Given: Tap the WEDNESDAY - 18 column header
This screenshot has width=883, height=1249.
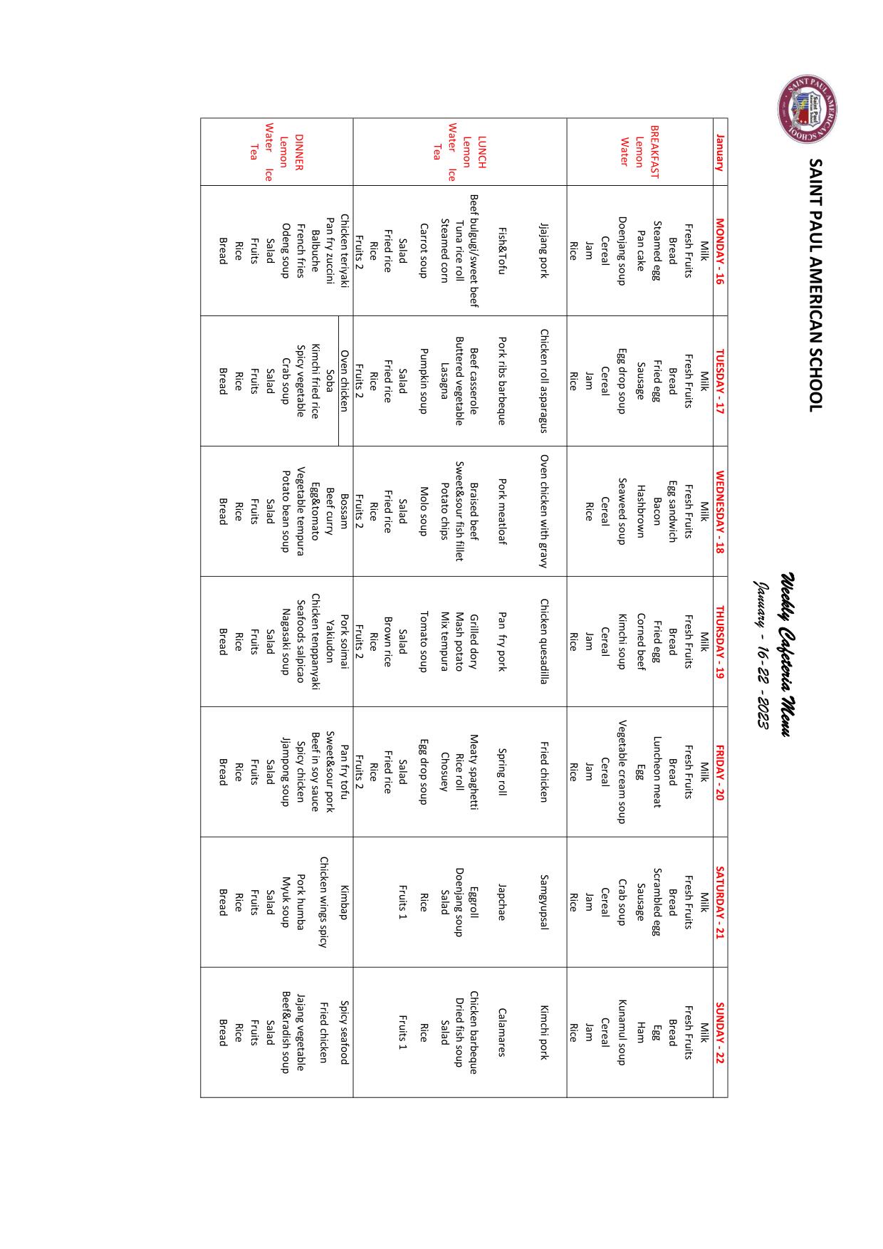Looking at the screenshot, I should tap(720, 511).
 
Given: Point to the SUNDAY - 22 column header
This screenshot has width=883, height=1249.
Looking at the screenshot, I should tap(720, 1033).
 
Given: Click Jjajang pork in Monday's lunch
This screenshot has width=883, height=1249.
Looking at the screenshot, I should tap(544, 251).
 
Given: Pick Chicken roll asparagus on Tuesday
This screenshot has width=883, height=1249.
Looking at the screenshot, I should tap(544, 380).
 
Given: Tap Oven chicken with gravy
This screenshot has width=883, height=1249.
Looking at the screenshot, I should tap(544, 511).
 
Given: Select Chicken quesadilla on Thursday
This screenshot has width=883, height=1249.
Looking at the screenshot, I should tap(544, 641).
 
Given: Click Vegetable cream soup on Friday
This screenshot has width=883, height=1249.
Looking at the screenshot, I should tap(622, 771).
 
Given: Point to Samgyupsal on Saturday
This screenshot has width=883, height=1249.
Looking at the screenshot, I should tap(544, 902).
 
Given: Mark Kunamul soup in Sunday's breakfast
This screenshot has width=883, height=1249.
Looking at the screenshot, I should tap(622, 1033).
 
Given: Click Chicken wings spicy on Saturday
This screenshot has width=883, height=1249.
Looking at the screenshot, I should tap(323, 902).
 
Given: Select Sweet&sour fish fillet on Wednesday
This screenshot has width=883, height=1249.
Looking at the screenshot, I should tap(459, 511).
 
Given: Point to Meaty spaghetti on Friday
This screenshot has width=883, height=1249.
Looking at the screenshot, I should tap(474, 771).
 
